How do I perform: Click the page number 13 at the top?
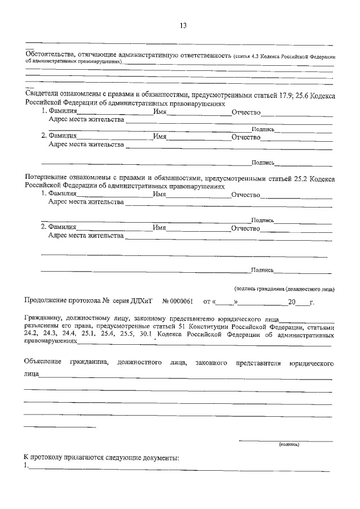click(x=182, y=25)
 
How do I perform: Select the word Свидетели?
click(x=43, y=96)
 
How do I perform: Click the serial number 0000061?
click(x=182, y=302)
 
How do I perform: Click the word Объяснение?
click(x=44, y=363)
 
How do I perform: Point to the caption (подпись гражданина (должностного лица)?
click(x=285, y=289)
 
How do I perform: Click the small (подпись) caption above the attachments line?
click(x=289, y=444)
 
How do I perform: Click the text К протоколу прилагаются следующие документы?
click(x=101, y=457)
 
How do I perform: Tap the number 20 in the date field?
click(x=291, y=302)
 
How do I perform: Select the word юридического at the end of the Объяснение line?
click(x=312, y=363)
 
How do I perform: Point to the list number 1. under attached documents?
click(x=26, y=466)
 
